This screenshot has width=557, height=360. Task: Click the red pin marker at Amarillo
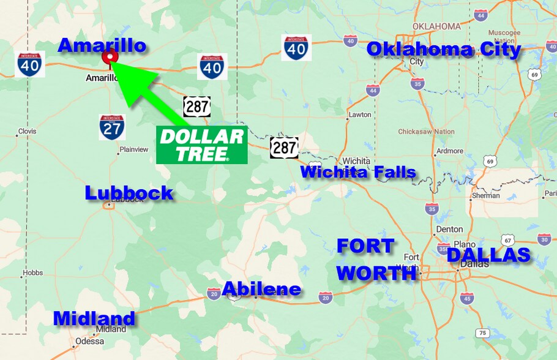(110, 57)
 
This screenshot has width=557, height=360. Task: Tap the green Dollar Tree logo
(201, 146)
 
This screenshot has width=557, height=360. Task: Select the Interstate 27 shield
(112, 127)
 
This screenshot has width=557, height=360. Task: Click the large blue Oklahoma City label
(443, 50)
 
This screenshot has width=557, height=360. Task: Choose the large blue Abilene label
(261, 289)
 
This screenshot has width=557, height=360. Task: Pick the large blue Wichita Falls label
(358, 172)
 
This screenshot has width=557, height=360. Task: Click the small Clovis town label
(27, 132)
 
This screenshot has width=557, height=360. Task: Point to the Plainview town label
(134, 149)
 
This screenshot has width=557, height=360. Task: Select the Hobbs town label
(32, 273)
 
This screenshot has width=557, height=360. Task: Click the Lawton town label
(359, 114)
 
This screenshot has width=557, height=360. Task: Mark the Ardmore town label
(449, 151)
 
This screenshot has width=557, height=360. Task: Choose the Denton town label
(449, 229)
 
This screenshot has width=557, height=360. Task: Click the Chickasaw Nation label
(426, 132)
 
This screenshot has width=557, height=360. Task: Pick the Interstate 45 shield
(467, 298)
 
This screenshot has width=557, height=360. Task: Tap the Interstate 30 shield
(544, 239)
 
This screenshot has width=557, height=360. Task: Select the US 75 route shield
(483, 333)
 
